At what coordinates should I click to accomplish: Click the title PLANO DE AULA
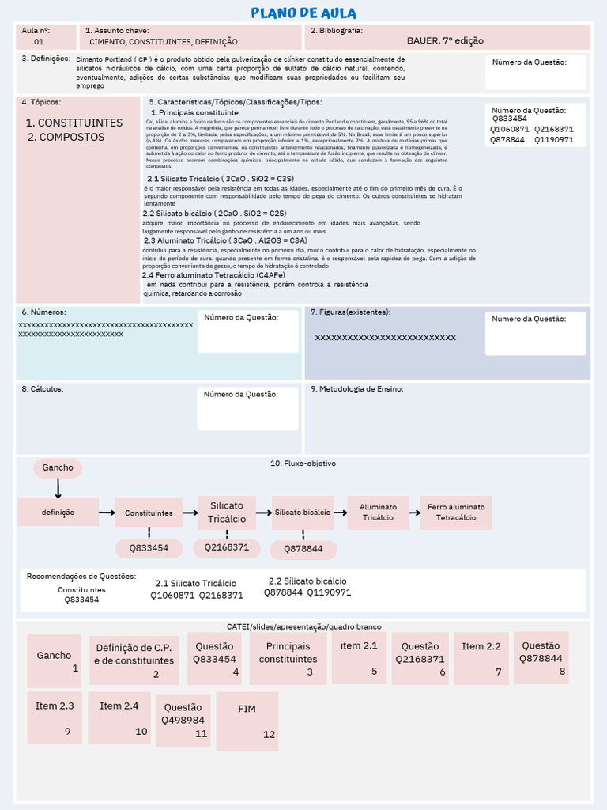pos(303,13)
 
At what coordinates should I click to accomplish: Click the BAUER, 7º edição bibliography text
pos(445,40)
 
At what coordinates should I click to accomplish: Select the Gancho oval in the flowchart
pos(58,467)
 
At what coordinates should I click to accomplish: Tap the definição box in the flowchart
pos(58,513)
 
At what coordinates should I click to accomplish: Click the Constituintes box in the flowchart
pos(149,513)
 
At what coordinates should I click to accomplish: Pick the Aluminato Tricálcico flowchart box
pos(378,513)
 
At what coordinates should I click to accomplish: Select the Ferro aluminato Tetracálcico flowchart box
pos(456,513)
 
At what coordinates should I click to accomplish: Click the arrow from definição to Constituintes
pos(107,513)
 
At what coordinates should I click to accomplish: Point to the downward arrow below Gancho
pos(58,489)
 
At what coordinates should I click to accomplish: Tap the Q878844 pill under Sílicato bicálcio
pos(303,549)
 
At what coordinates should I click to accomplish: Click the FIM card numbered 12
pos(247,721)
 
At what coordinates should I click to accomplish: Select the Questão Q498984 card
pos(183,720)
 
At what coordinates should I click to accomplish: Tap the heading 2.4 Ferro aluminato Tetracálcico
pos(203,274)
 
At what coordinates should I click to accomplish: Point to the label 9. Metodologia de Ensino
pos(357,388)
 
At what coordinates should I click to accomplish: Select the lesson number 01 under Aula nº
pos(39,41)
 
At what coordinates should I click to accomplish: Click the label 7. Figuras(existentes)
pos(350,312)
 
